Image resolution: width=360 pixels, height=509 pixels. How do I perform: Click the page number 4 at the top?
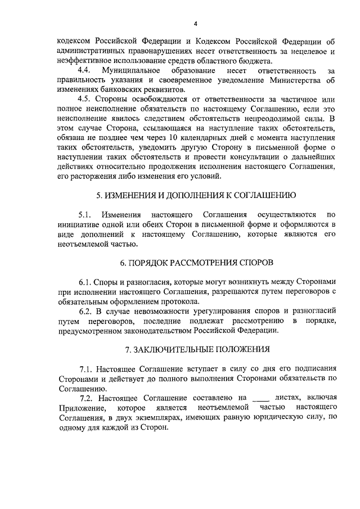tap(195, 23)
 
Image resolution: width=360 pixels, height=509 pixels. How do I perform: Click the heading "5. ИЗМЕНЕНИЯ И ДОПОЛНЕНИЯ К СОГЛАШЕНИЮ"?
tap(196, 196)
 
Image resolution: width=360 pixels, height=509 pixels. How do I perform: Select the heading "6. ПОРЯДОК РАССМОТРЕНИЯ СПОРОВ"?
tap(196, 263)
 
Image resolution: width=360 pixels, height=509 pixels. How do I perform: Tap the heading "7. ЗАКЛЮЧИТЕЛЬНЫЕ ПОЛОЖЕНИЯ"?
tap(196, 349)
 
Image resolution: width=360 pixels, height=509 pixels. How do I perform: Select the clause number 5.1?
tap(85, 215)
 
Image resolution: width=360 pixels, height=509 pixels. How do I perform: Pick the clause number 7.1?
tap(86, 369)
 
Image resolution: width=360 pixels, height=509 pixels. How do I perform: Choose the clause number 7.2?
tap(86, 398)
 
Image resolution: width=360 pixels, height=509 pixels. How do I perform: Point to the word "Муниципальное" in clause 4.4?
tap(128, 71)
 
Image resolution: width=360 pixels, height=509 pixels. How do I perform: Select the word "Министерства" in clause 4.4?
tap(294, 80)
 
